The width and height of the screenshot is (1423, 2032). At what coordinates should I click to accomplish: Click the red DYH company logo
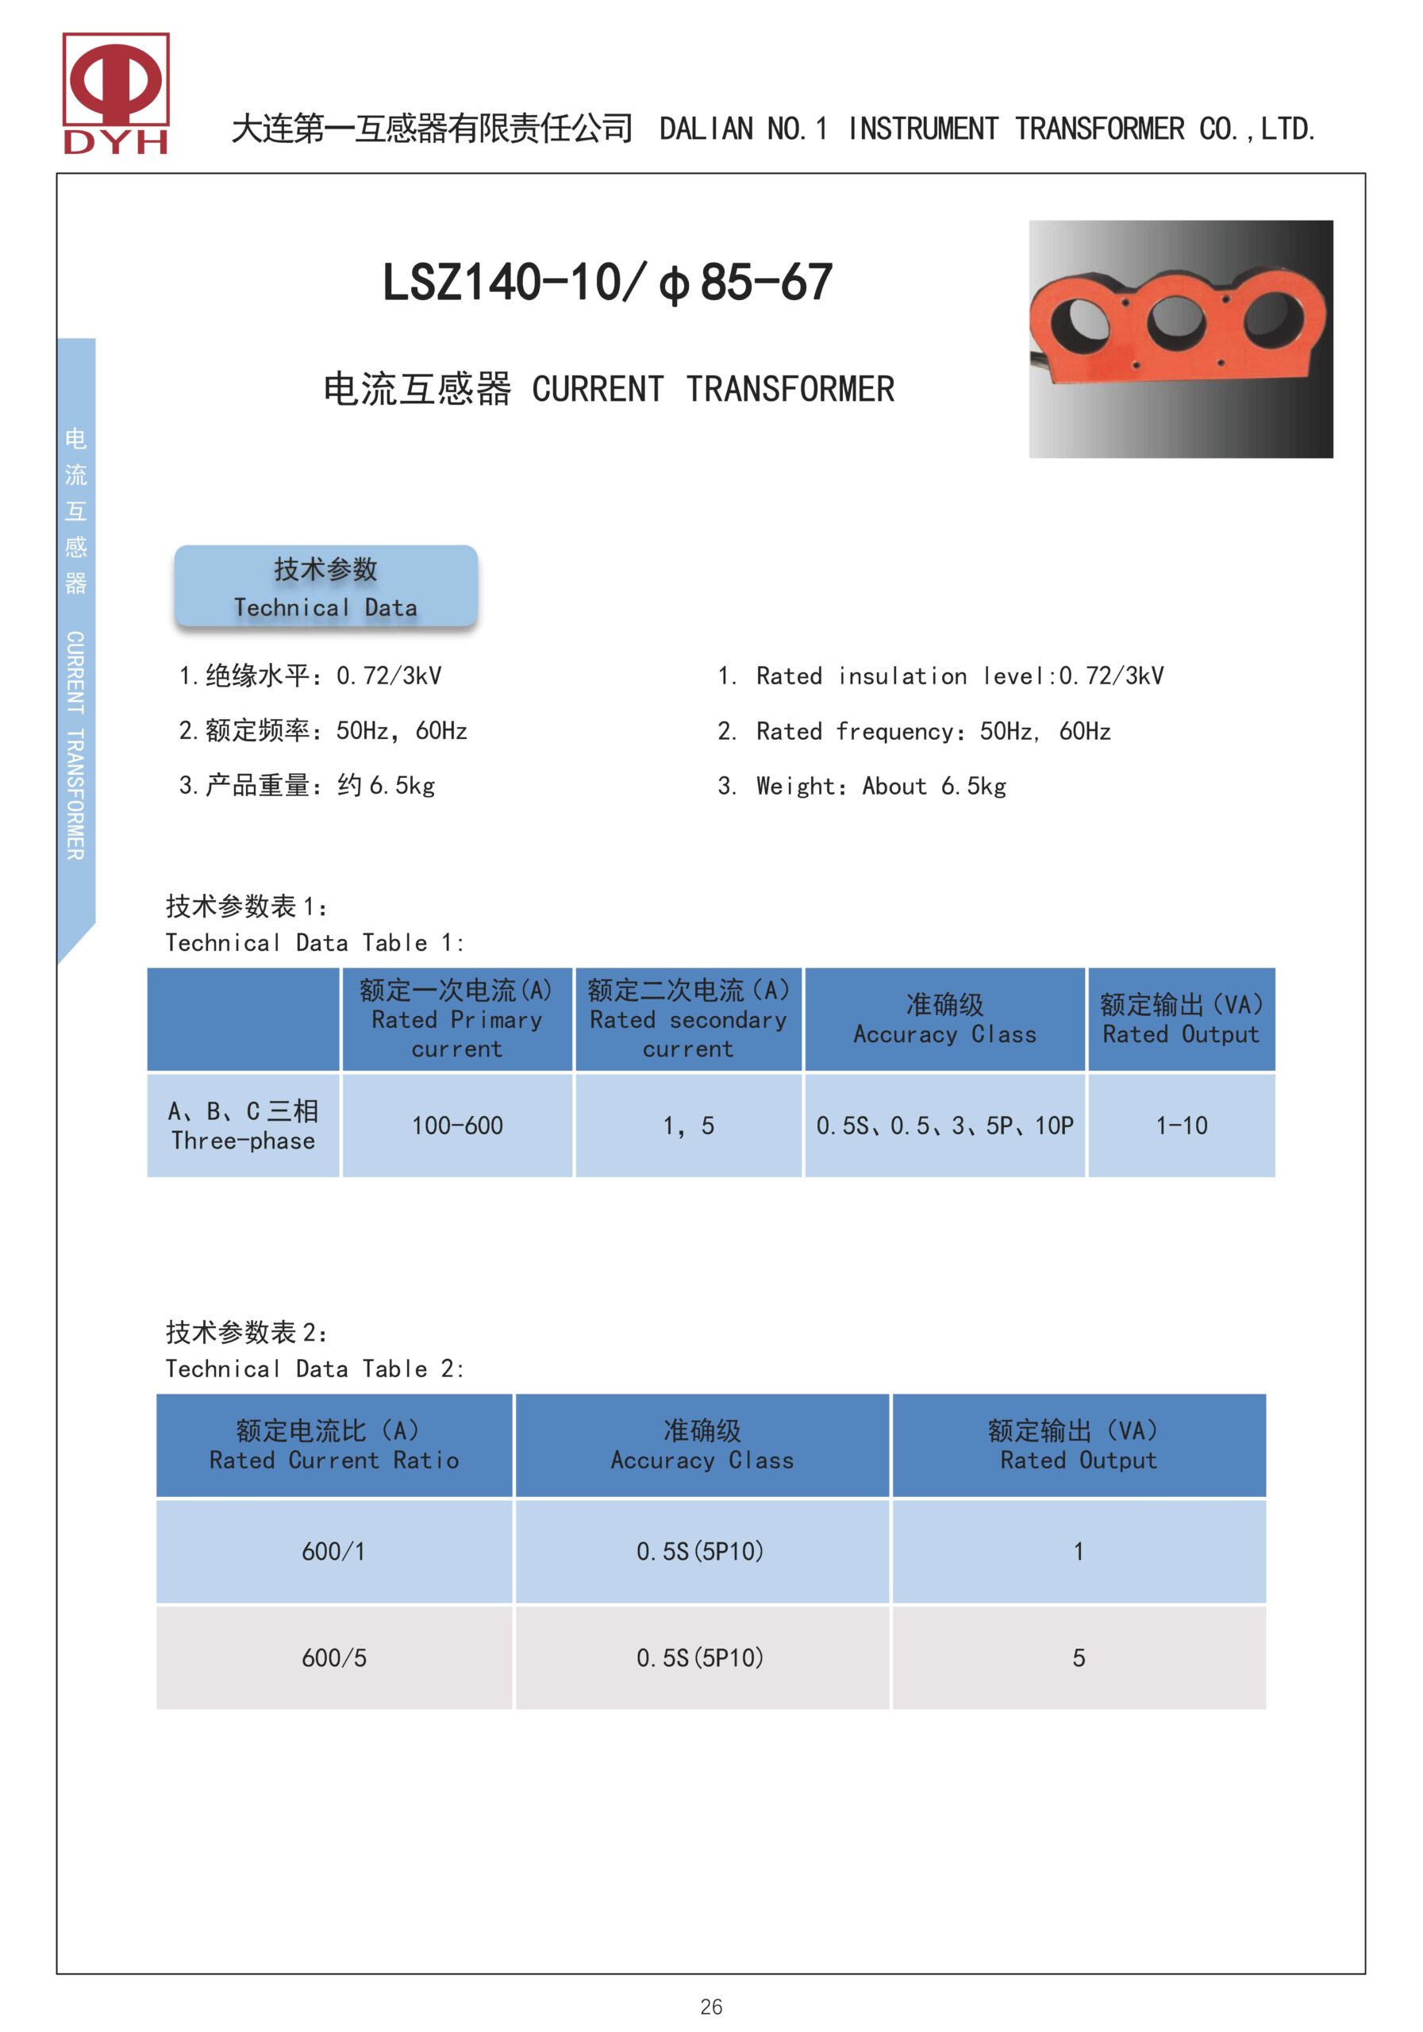tap(115, 93)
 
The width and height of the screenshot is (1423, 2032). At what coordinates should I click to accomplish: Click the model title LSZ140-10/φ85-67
tap(607, 283)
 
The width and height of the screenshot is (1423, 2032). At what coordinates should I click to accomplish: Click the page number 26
tap(710, 2007)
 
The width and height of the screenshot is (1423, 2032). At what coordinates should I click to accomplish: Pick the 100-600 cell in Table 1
tap(456, 1126)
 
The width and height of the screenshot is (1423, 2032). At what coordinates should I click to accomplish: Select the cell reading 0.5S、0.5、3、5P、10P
tap(944, 1126)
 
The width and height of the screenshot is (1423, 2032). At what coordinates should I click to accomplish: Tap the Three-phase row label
tap(244, 1126)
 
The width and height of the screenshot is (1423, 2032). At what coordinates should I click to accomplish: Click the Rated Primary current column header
tap(456, 1019)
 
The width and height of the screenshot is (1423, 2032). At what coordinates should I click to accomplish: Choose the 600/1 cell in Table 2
tap(333, 1552)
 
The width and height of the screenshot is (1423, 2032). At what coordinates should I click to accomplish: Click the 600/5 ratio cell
tap(333, 1657)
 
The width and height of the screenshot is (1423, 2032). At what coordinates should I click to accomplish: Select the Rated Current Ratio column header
tap(333, 1445)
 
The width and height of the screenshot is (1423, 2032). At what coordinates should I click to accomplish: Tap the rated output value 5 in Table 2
tap(1078, 1657)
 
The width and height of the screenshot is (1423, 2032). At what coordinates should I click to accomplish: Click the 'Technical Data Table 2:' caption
tap(314, 1369)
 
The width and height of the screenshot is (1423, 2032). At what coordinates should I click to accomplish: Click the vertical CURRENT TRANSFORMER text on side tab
tap(76, 745)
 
